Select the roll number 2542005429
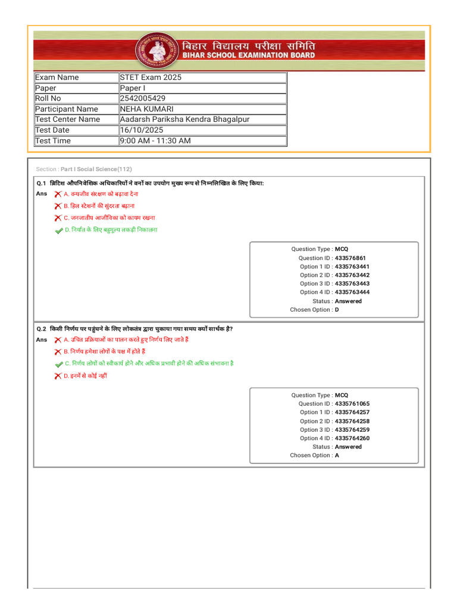[143, 98]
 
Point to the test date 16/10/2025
[142, 130]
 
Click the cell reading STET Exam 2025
[151, 77]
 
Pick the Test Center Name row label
[68, 119]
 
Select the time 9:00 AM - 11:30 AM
[155, 140]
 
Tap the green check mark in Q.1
[58, 230]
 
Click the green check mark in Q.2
[58, 364]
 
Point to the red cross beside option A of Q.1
[58, 194]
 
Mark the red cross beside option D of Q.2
[58, 376]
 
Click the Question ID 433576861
[350, 258]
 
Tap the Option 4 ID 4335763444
[352, 292]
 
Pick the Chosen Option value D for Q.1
[337, 310]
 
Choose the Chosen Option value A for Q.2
[337, 455]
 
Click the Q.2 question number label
[42, 329]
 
